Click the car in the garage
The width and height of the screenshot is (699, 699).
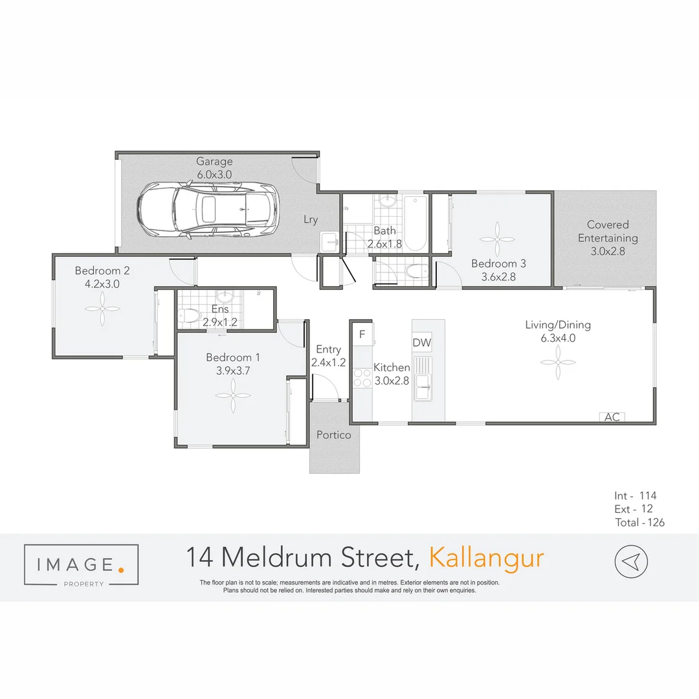(x=207, y=209)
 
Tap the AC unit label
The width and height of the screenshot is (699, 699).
(x=612, y=417)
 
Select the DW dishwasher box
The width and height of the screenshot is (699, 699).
(x=421, y=342)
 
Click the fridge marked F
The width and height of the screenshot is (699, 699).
(x=362, y=334)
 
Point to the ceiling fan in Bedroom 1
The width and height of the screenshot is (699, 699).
(x=232, y=396)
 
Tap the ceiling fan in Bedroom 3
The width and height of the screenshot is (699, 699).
(x=498, y=239)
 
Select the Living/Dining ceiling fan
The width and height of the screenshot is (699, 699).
(x=558, y=362)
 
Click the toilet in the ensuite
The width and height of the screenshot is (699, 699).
(x=189, y=315)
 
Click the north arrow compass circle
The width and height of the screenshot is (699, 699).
(x=630, y=560)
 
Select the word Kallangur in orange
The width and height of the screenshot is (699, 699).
(x=487, y=558)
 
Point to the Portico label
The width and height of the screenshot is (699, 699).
(x=334, y=435)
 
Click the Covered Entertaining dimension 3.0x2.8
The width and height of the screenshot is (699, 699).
(x=608, y=251)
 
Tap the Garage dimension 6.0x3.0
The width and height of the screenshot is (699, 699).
(x=214, y=174)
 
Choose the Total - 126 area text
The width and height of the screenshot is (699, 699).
(x=639, y=522)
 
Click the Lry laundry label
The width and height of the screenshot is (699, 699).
(x=311, y=219)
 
